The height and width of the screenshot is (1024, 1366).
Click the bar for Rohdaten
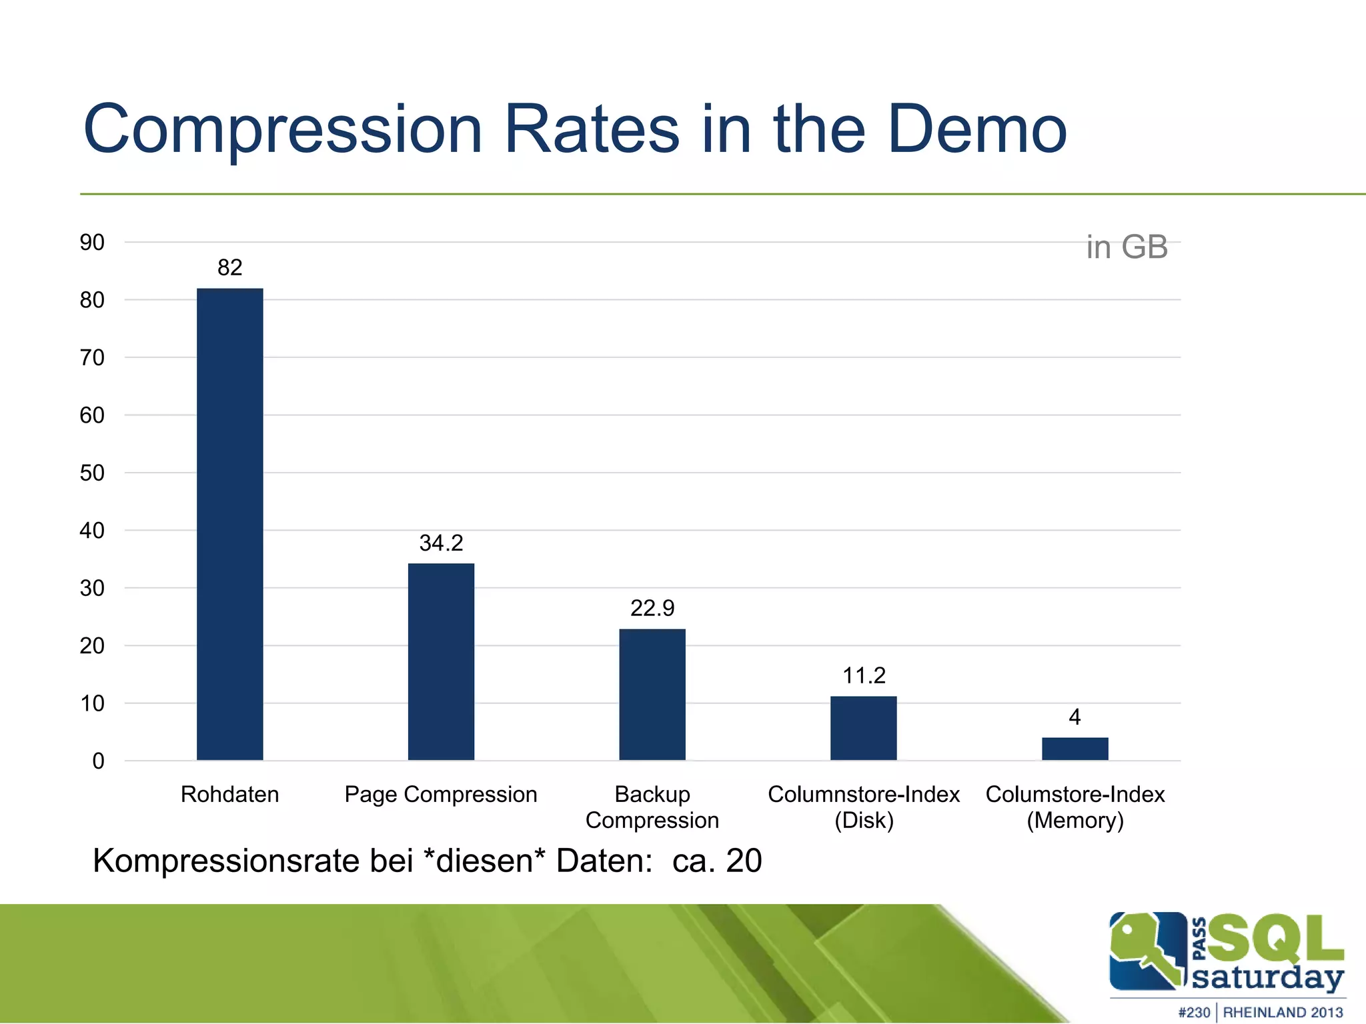tap(229, 524)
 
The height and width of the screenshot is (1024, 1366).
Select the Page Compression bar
tap(441, 661)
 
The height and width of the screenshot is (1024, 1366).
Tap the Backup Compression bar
tap(652, 694)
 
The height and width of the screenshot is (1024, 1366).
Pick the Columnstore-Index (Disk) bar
tap(863, 728)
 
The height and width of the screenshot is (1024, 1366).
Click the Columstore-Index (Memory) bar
tap(1075, 749)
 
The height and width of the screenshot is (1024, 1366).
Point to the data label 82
tap(229, 267)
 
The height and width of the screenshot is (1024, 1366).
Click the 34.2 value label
tap(441, 543)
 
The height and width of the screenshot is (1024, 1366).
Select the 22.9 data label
tap(652, 608)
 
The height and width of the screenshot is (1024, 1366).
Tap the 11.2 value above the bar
tap(863, 675)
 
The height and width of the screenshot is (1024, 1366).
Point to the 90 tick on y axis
tap(92, 243)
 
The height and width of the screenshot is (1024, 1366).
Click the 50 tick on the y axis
tap(92, 473)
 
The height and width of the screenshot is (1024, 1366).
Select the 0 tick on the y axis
tap(98, 761)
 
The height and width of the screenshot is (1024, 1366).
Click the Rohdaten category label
tap(229, 795)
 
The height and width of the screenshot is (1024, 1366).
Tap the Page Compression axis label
tap(441, 795)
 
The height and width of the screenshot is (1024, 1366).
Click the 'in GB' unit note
tap(1127, 247)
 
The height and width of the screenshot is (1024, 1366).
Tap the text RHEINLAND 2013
tap(1282, 1012)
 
